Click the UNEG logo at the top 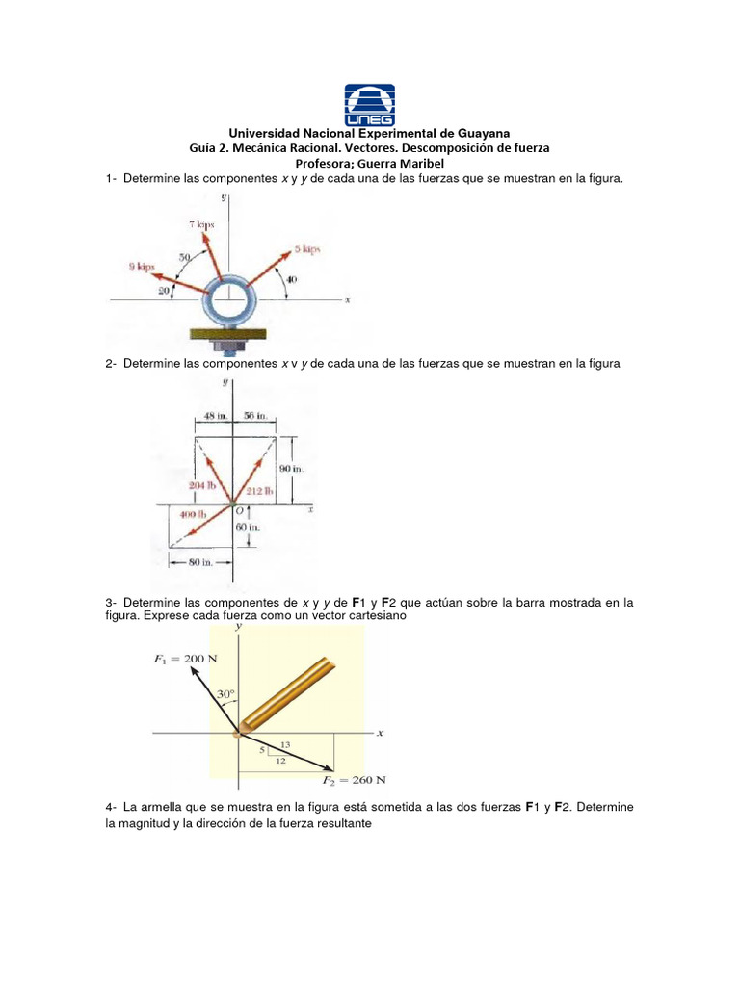click(x=369, y=103)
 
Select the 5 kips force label click(x=307, y=249)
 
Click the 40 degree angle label click(x=291, y=279)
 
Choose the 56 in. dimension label click(x=255, y=416)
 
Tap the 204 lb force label click(x=202, y=485)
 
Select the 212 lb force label click(x=260, y=491)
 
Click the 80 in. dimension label click(x=200, y=561)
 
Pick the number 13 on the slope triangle click(x=285, y=744)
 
